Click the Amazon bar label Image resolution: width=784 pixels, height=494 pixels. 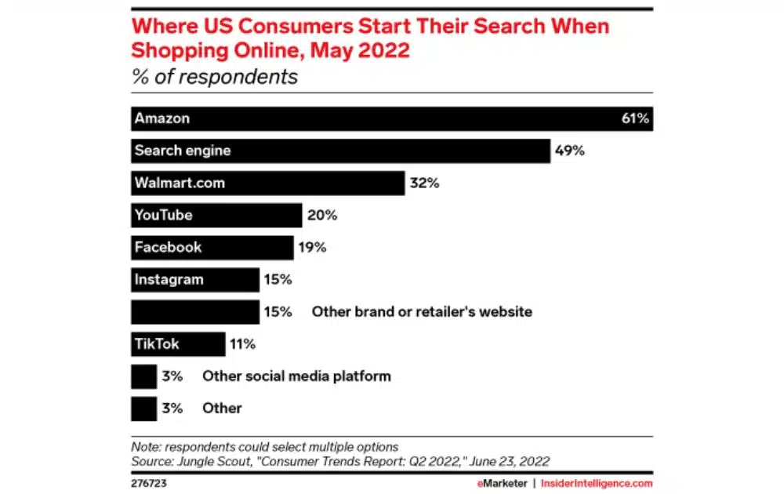(x=162, y=118)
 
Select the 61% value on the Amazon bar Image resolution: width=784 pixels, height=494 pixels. (x=635, y=118)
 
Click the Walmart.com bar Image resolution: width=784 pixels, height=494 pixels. (x=267, y=183)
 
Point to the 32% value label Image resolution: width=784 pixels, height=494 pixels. (x=424, y=183)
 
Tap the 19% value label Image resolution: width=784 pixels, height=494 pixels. (x=312, y=247)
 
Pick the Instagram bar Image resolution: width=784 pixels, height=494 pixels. (x=194, y=279)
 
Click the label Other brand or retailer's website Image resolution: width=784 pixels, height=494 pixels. (x=422, y=311)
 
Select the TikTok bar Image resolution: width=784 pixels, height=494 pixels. (x=178, y=343)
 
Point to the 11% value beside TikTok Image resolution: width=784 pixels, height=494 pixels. (x=242, y=343)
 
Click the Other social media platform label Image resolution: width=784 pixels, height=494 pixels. (x=296, y=376)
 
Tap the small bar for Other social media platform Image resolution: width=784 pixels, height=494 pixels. (x=143, y=376)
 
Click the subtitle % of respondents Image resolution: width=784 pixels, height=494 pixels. (x=214, y=77)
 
